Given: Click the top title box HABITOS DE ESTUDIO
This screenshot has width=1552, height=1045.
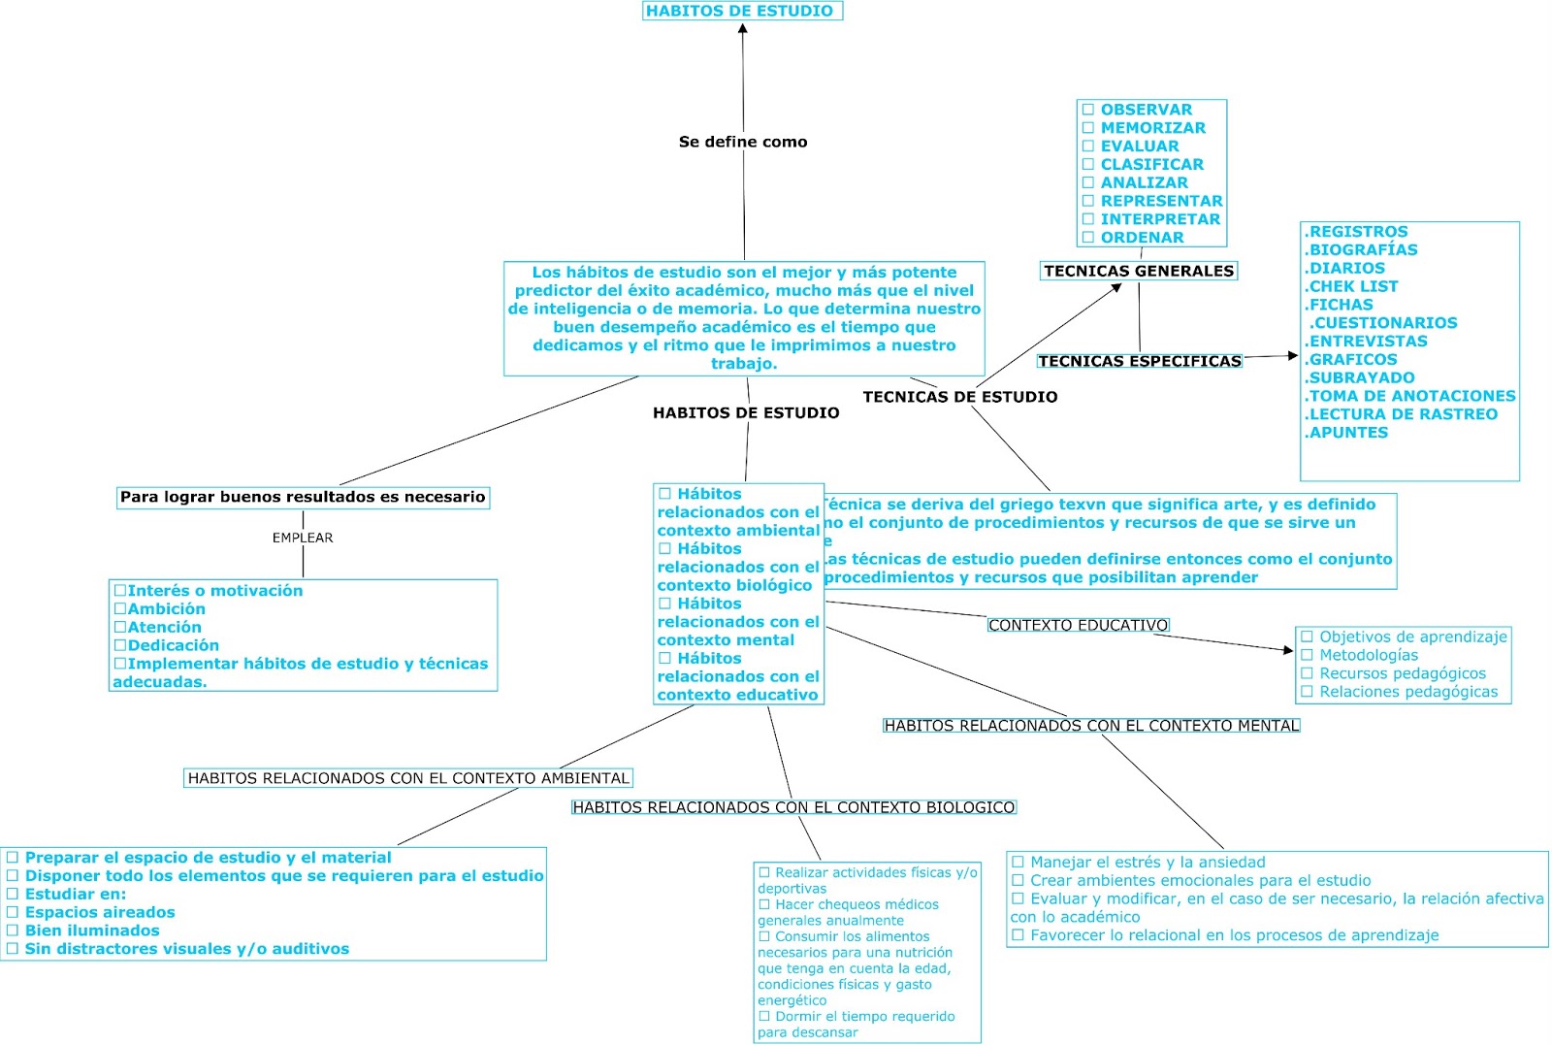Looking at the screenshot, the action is [x=742, y=11].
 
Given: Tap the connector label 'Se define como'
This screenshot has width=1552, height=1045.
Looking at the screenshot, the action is [x=743, y=142].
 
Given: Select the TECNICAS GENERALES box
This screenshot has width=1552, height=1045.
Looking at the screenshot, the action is [x=1139, y=271].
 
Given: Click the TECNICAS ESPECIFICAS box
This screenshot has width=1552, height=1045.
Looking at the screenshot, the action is [x=1139, y=361].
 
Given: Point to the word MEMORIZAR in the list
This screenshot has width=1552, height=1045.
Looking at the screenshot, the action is [x=1152, y=128].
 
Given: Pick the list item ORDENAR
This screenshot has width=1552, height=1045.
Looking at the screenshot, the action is [x=1142, y=238].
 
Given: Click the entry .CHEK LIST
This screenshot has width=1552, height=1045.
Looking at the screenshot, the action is [x=1351, y=286].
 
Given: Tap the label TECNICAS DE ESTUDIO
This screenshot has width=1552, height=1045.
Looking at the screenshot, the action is [x=959, y=397].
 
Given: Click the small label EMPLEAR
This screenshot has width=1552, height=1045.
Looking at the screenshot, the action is [x=303, y=538].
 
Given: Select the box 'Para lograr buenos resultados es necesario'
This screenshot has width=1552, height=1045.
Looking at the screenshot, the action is [x=303, y=498].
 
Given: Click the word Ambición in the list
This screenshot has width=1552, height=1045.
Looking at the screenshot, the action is [x=166, y=609].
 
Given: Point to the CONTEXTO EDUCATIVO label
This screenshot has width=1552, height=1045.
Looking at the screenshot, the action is [x=1078, y=626].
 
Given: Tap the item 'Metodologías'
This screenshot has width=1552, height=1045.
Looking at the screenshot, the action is [x=1368, y=655].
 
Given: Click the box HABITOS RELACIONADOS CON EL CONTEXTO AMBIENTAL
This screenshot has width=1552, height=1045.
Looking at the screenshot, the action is [x=408, y=778].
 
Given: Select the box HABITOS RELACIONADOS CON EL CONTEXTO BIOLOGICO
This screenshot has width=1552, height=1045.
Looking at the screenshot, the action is [x=793, y=807].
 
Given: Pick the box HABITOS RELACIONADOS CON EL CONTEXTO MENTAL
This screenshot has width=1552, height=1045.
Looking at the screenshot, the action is [x=1091, y=726].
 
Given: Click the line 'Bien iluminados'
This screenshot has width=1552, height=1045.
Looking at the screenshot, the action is [x=92, y=931].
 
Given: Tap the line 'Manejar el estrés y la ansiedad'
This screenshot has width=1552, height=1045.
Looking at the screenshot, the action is [x=1147, y=862].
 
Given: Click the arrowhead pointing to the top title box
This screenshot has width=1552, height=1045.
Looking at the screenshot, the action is [x=743, y=28].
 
